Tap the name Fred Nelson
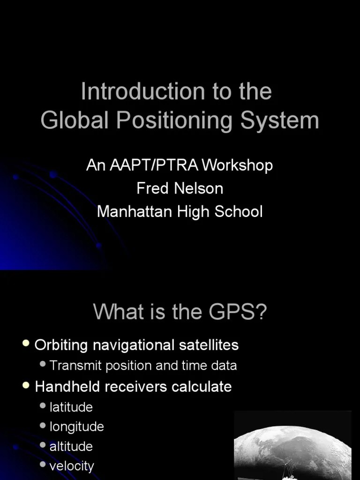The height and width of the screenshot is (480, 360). click(180, 188)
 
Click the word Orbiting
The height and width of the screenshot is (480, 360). click(61, 345)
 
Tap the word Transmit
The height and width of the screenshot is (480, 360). click(76, 366)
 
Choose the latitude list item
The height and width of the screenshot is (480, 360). click(71, 407)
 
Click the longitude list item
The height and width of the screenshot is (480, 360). click(77, 427)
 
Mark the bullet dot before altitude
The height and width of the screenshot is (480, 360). click(43, 445)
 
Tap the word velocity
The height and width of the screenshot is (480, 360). click(72, 466)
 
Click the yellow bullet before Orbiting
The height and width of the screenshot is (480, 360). click(26, 344)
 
